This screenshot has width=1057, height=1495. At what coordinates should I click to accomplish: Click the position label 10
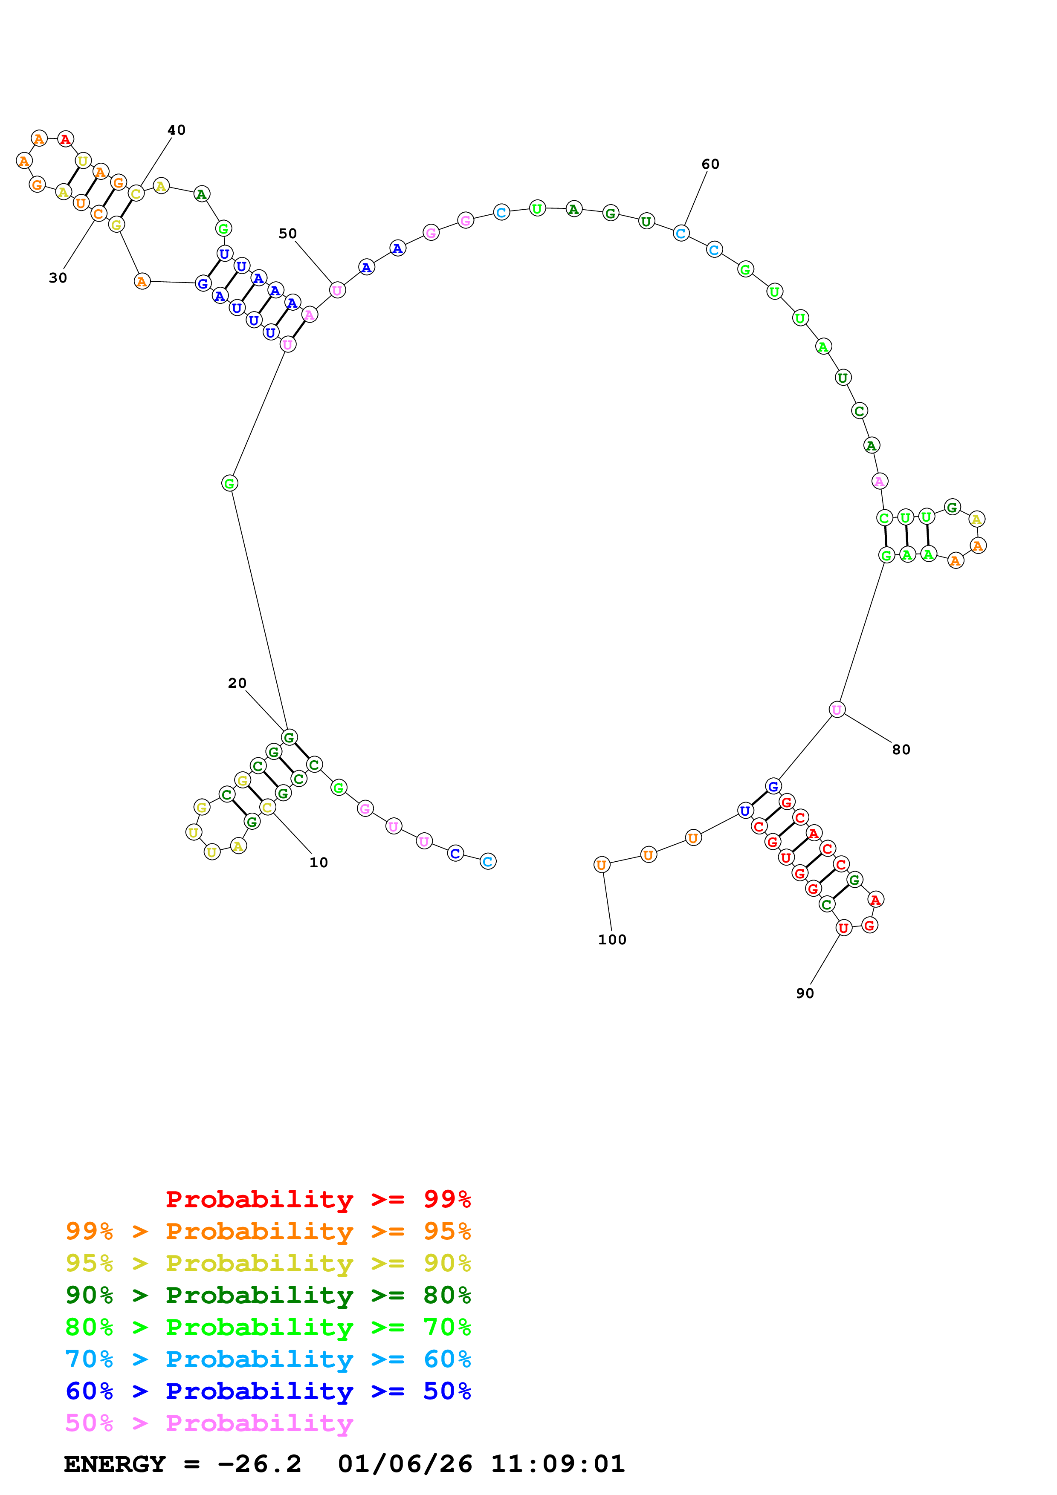tap(319, 863)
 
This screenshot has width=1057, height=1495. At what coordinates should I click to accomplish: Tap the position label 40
tap(177, 130)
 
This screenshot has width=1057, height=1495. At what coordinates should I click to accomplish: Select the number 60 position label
tap(710, 164)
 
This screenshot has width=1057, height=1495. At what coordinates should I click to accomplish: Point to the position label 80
tap(901, 750)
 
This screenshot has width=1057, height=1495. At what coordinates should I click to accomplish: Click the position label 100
tap(612, 940)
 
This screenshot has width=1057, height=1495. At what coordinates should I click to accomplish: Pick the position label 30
tap(58, 278)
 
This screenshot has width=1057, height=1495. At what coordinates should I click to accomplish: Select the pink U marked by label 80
tap(837, 710)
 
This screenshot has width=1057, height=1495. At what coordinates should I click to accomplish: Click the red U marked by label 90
tap(843, 928)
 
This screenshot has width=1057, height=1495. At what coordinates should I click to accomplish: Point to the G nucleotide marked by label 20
tap(289, 737)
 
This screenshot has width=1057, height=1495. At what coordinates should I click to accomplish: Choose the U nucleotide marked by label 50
tap(337, 290)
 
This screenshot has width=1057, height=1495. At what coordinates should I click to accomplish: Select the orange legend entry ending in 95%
tap(268, 1231)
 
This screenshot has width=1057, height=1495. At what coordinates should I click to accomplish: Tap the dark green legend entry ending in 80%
tap(268, 1295)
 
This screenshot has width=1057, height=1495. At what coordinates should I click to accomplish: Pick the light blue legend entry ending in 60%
tap(268, 1359)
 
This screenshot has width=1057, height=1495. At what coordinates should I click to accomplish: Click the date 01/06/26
tap(405, 1464)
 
